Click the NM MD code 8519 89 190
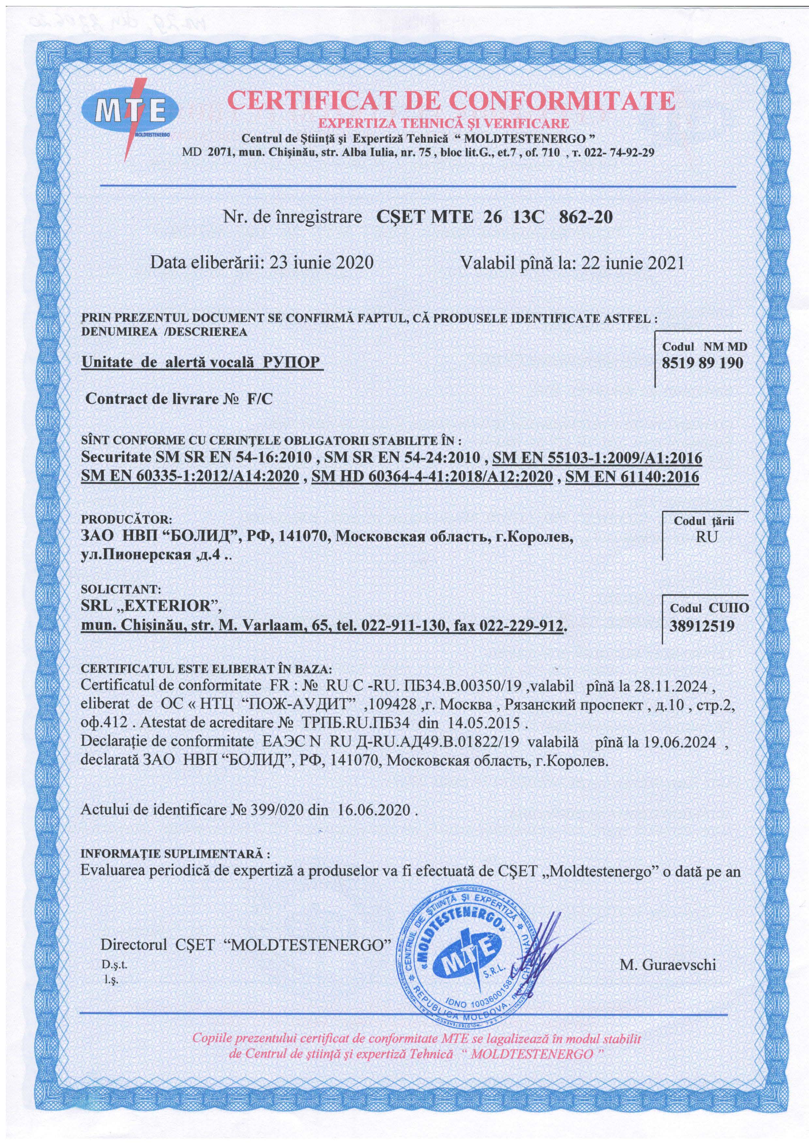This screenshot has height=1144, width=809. (x=702, y=363)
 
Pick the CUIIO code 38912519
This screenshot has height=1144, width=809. (x=702, y=625)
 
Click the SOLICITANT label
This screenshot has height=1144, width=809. (x=120, y=589)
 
